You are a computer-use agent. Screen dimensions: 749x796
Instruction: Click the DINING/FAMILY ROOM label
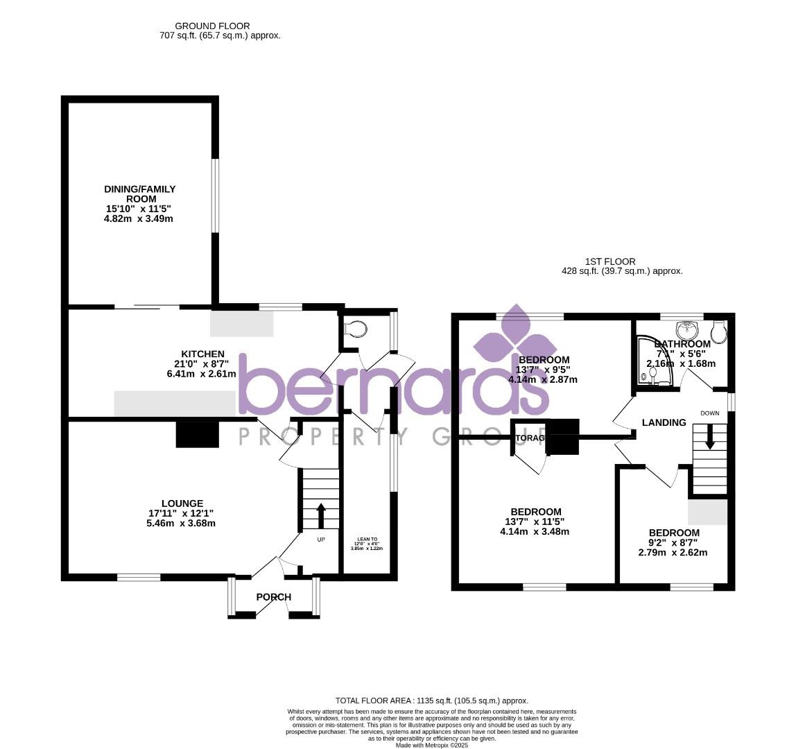coord(140,194)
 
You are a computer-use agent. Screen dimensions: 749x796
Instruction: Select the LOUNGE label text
coord(182,503)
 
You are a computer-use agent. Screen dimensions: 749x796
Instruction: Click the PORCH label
coord(274,597)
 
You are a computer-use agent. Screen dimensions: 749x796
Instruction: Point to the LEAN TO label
coord(367,539)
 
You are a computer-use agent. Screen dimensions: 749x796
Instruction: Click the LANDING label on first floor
coord(664,422)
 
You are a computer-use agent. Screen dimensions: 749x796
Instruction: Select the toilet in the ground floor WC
coord(356,327)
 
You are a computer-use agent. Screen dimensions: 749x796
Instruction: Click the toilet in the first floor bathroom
coord(718,331)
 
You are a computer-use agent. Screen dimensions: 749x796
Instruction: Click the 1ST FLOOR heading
coord(600,261)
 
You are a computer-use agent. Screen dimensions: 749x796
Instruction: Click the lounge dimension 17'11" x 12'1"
coord(180,513)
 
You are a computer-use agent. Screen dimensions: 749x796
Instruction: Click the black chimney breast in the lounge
coord(198,433)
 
